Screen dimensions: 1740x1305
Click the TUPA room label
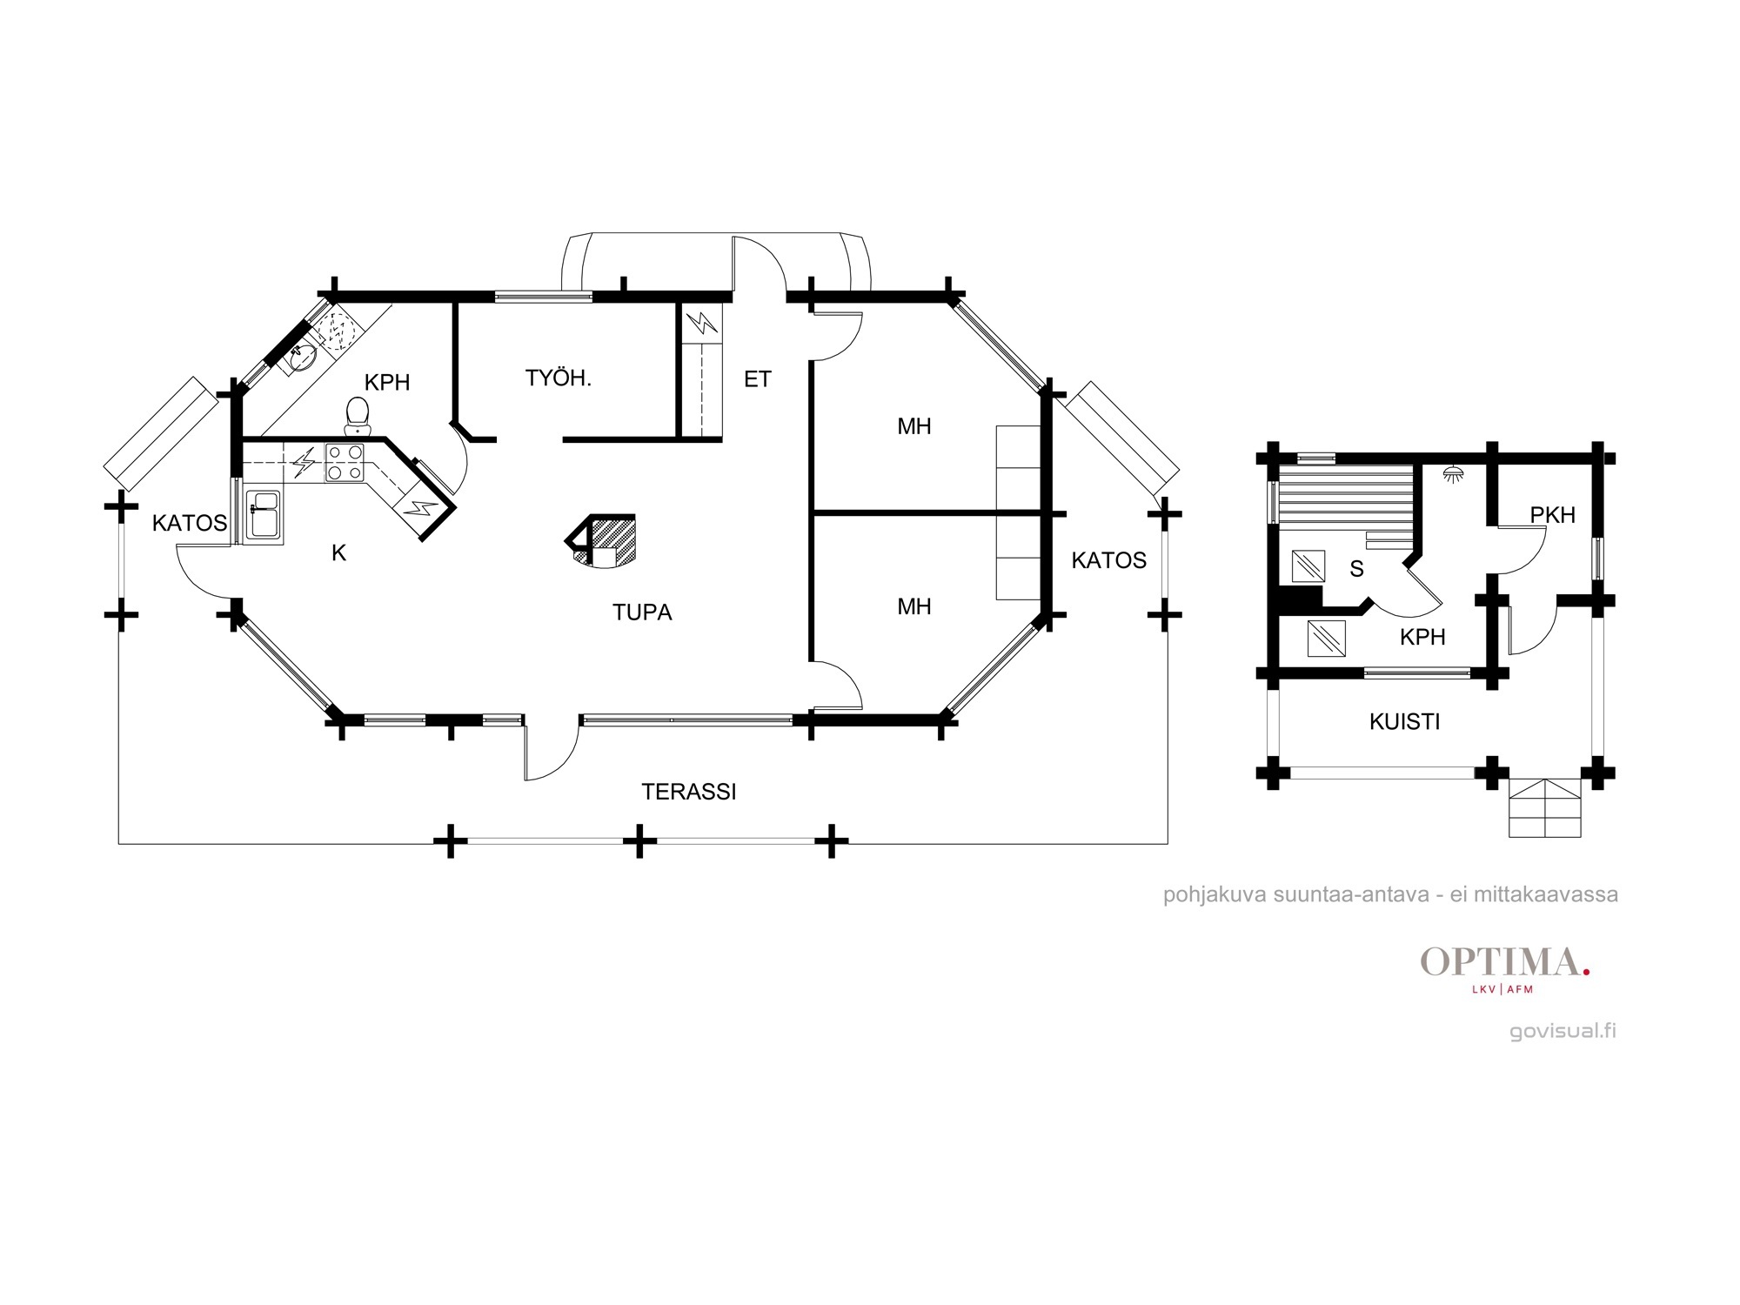(x=642, y=612)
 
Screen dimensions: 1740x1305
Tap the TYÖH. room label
(x=559, y=378)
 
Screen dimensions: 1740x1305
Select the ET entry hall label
(x=757, y=379)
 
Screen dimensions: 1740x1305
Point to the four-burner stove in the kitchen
(x=345, y=463)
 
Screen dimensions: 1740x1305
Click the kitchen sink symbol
(x=264, y=514)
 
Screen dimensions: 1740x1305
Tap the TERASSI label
(x=689, y=792)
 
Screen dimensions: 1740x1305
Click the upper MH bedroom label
(x=914, y=426)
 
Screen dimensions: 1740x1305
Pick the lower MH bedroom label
(x=914, y=606)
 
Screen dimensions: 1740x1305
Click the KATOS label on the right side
(x=1109, y=560)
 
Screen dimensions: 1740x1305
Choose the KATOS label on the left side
(x=190, y=523)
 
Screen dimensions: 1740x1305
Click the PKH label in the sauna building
(x=1553, y=515)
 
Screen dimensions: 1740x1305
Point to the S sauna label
(x=1356, y=569)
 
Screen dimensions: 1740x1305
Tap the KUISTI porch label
(x=1405, y=721)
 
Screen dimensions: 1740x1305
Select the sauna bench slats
(x=1347, y=496)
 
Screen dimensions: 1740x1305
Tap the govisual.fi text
(x=1563, y=1031)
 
